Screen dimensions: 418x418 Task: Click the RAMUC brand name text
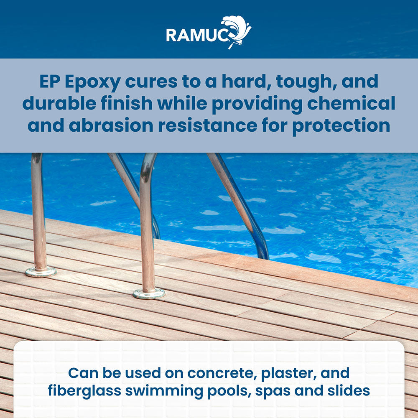pyautogui.click(x=197, y=34)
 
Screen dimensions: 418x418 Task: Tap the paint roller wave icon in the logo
pyautogui.click(x=237, y=30)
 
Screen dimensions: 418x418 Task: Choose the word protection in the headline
pyautogui.click(x=341, y=126)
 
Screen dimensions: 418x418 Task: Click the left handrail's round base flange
pyautogui.click(x=41, y=272)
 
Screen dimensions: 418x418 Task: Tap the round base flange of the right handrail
pyautogui.click(x=149, y=293)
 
